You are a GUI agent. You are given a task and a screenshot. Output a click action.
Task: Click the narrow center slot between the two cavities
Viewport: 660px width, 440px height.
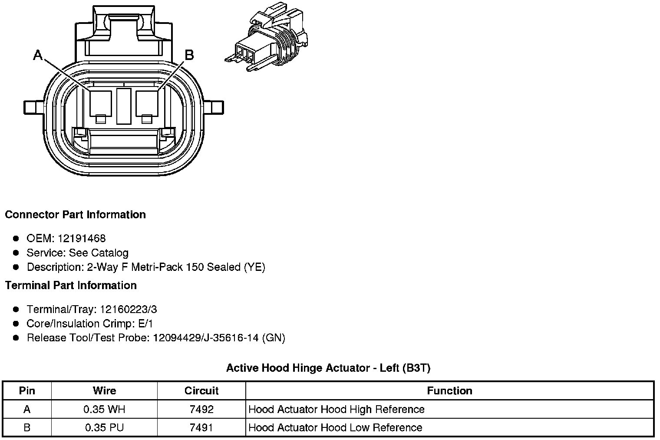pyautogui.click(x=124, y=105)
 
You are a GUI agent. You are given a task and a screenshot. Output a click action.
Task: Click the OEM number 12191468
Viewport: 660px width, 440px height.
pyautogui.click(x=82, y=238)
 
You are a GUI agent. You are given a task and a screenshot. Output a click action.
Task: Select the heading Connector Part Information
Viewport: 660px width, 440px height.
pyautogui.click(x=75, y=215)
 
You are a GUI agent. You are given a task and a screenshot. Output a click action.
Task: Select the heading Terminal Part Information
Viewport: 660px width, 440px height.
pyautogui.click(x=71, y=285)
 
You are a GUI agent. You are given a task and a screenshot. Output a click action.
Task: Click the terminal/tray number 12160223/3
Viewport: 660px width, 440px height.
pyautogui.click(x=128, y=310)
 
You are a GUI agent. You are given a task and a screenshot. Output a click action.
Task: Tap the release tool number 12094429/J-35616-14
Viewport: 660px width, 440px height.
pyautogui.click(x=206, y=338)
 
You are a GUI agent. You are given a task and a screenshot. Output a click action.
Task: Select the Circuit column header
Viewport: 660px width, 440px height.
pyautogui.click(x=201, y=391)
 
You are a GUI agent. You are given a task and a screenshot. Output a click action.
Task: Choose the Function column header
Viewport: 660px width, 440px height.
pyautogui.click(x=449, y=391)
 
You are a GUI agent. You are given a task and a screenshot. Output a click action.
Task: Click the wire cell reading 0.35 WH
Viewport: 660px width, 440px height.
pyautogui.click(x=104, y=410)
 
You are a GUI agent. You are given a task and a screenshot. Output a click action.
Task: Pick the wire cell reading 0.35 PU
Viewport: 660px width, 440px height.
pyautogui.click(x=104, y=428)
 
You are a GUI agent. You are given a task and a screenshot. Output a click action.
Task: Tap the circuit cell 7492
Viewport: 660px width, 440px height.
pyautogui.click(x=201, y=410)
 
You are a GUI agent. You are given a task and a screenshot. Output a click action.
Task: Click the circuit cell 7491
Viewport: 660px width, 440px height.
pyautogui.click(x=201, y=428)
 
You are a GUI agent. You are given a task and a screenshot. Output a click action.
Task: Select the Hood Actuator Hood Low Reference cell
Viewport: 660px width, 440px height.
pyautogui.click(x=335, y=428)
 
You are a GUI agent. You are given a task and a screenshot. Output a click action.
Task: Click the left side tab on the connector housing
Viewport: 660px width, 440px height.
pyautogui.click(x=33, y=107)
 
